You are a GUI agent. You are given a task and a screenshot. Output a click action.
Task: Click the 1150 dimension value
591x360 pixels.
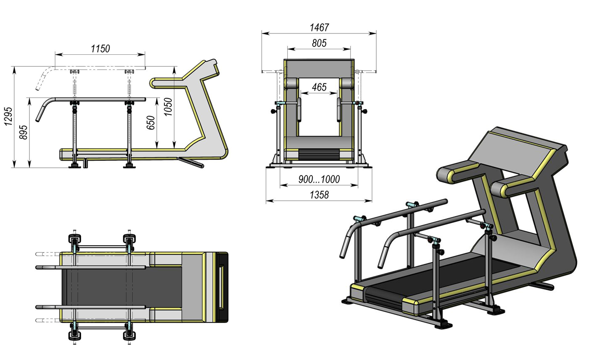100,49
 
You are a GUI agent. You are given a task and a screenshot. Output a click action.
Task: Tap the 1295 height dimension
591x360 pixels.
8,116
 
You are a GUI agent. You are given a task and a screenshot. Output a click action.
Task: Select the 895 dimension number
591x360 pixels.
24,132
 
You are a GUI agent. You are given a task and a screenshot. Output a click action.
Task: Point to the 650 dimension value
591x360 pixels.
151,123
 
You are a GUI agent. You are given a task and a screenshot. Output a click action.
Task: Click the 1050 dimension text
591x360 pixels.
168,107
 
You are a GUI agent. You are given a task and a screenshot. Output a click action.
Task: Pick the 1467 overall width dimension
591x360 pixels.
319,28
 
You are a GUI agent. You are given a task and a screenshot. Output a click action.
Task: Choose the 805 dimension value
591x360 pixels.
319,43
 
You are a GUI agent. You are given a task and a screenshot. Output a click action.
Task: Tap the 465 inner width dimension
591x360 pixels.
319,87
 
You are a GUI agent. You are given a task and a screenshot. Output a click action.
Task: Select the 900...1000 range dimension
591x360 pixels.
319,179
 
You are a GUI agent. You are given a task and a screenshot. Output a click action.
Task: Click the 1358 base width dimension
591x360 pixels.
319,195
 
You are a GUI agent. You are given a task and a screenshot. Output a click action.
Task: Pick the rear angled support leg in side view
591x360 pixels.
191,162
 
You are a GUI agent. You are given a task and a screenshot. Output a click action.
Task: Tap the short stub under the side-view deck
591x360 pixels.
84,163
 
